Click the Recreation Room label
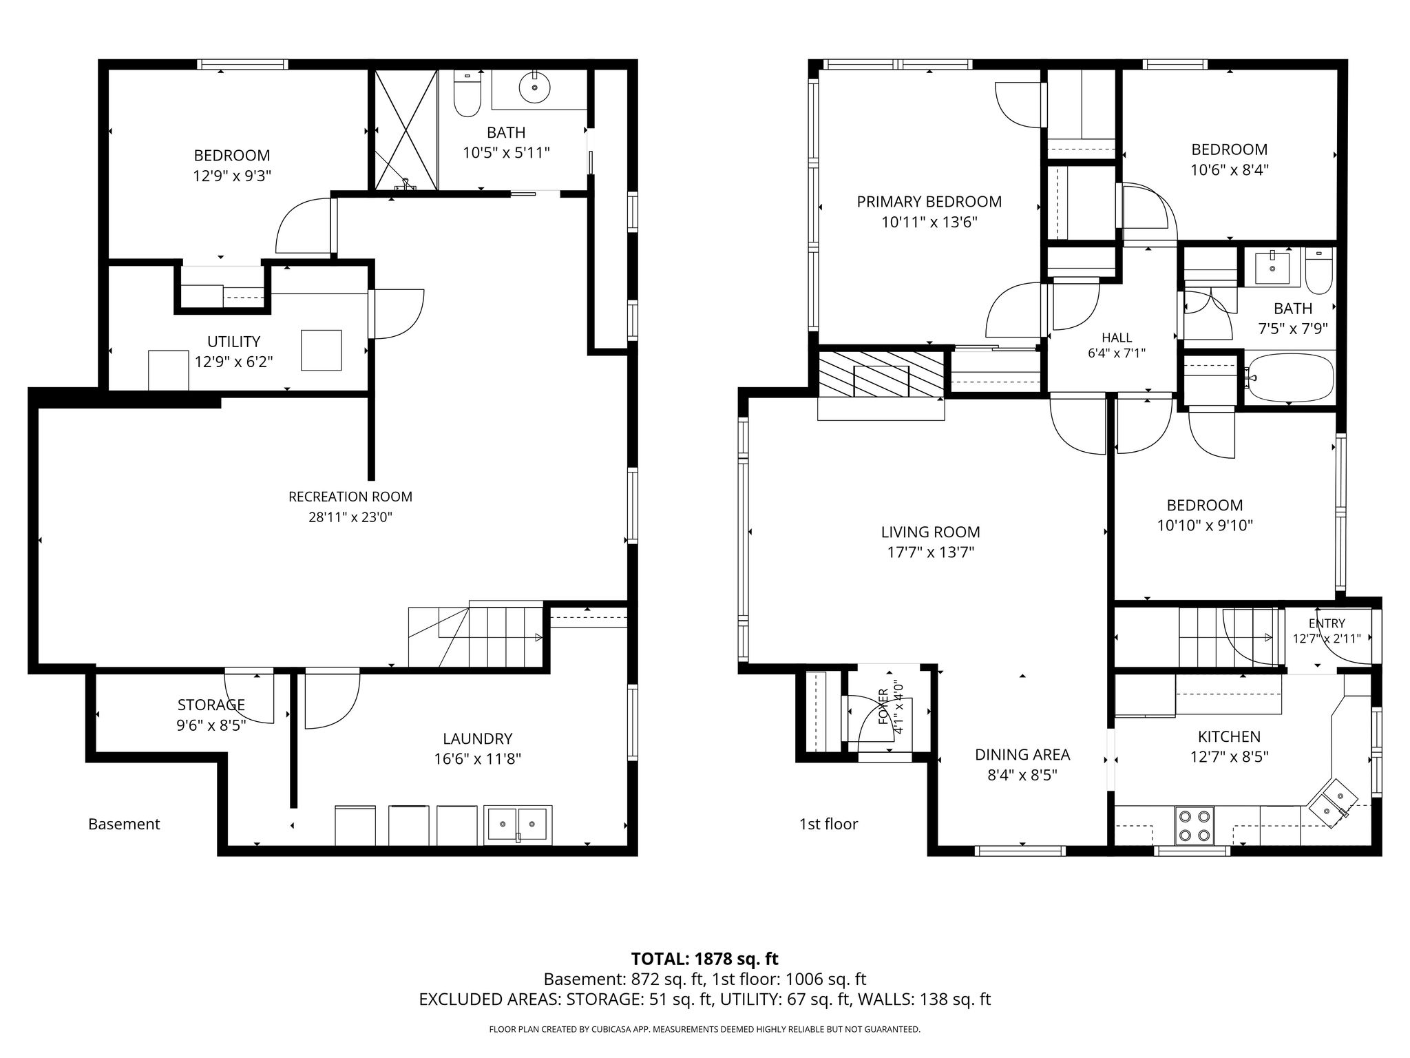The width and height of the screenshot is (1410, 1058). point(350,497)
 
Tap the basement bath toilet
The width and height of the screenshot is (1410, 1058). point(467,94)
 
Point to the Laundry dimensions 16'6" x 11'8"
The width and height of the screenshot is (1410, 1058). point(477,759)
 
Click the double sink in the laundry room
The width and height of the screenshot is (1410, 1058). point(518,824)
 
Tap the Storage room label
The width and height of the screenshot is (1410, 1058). point(211,705)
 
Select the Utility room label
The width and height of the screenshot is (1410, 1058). point(233,342)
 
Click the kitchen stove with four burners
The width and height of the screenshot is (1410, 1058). point(1195,825)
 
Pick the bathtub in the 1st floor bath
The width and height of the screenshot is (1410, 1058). point(1289,377)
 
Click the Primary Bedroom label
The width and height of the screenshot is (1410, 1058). point(929,202)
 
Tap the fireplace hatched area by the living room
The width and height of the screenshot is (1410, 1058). point(881,373)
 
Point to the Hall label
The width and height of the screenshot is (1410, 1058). point(1117,338)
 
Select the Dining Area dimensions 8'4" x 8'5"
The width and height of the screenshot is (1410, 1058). point(1022,775)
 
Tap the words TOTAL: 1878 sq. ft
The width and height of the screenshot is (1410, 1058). point(705,958)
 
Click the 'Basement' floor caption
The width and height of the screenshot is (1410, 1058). point(124,824)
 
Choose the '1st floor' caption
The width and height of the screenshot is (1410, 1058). point(828,824)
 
